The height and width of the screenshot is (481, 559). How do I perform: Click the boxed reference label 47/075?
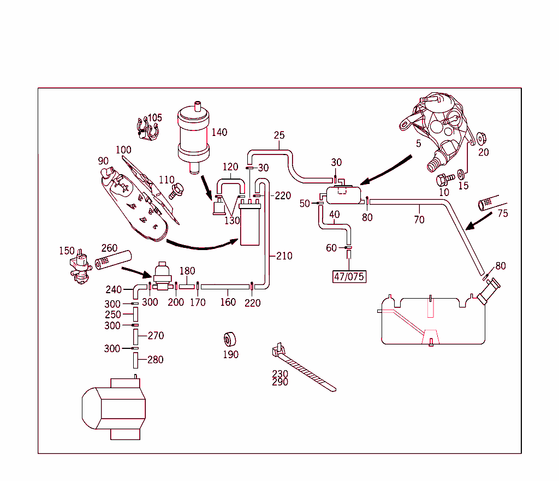pos(349,276)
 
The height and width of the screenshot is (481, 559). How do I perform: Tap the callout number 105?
pos(155,118)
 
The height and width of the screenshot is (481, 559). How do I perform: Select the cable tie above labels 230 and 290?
pos(303,369)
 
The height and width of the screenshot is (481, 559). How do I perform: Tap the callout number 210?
pos(284,256)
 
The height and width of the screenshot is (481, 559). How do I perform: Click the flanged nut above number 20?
pos(482,138)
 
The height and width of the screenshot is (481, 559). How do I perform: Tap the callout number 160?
pos(228,302)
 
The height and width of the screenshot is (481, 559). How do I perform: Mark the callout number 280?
pos(156,360)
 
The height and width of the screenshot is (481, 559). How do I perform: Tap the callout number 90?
pos(103,161)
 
